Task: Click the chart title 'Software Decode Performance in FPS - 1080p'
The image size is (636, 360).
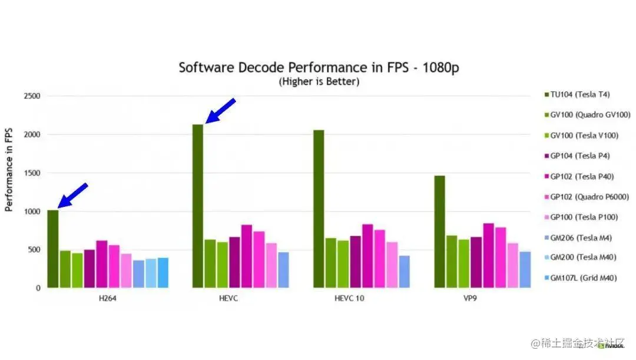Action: [x=319, y=67]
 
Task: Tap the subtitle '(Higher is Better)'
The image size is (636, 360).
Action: [x=319, y=82]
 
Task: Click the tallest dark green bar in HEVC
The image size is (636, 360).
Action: [x=198, y=206]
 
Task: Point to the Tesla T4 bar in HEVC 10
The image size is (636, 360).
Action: [x=319, y=209]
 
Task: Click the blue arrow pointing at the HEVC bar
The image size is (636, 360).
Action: [x=220, y=111]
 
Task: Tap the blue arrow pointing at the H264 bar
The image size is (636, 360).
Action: [x=73, y=196]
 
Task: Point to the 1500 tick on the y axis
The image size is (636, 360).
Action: [x=32, y=173]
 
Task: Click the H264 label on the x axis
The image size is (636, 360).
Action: [x=108, y=298]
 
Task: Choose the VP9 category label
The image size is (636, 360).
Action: [x=469, y=298]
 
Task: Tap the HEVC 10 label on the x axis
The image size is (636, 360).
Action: [x=349, y=298]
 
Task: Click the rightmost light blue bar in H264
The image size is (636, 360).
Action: [x=163, y=273]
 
